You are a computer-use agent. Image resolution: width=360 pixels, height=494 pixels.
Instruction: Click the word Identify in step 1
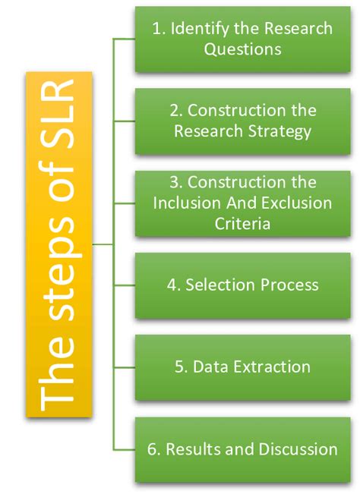pos(199,29)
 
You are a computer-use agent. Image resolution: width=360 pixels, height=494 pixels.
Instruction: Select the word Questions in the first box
pos(242,49)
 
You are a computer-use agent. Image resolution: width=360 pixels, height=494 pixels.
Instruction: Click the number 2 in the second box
pos(175,111)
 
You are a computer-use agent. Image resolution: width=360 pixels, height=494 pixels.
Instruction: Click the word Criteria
pos(242,224)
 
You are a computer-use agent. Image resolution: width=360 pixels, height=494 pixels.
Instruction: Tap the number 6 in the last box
pos(152,449)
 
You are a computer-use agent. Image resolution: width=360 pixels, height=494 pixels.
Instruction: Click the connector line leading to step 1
pos(125,39)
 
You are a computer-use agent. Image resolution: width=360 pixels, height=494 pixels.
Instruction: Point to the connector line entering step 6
pos(125,449)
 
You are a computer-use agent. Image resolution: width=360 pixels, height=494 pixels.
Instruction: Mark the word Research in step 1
pos(298,29)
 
